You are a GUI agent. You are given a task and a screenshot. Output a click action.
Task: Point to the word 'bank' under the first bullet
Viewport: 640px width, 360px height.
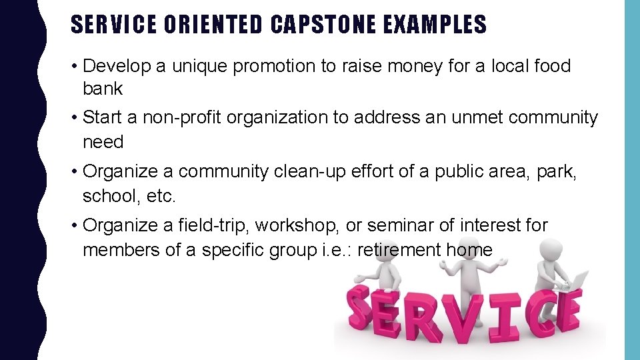coord(103,89)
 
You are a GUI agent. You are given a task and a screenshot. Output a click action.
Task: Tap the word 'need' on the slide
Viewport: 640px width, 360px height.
coord(103,141)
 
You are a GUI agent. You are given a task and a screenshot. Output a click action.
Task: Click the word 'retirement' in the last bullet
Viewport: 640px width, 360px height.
coord(399,250)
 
